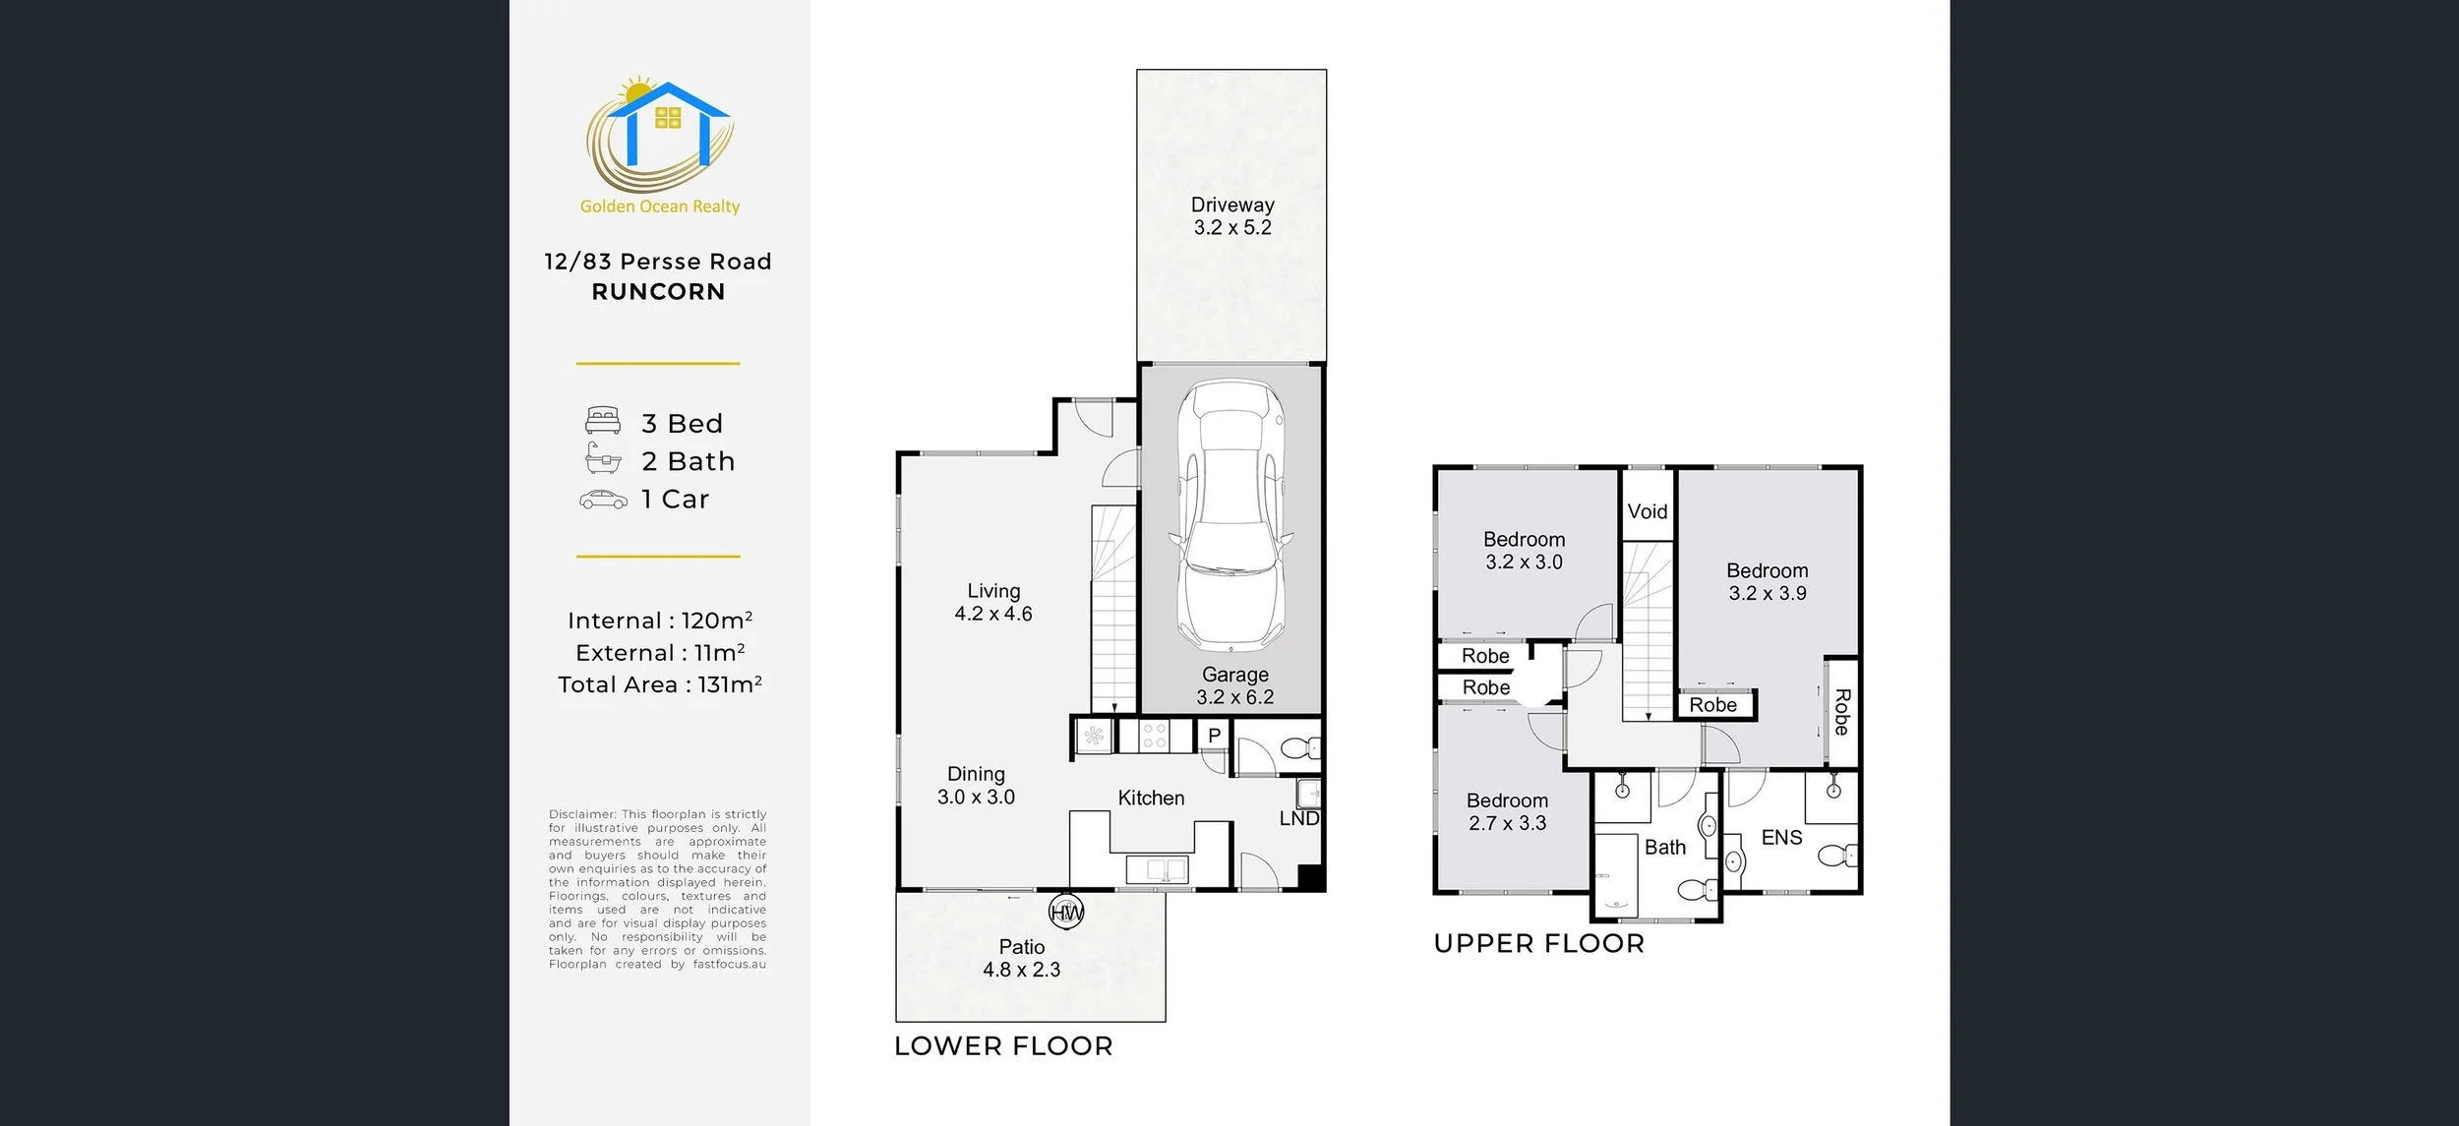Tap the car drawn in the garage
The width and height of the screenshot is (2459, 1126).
pyautogui.click(x=1231, y=516)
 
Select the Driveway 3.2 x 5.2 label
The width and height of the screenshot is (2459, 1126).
pyautogui.click(x=1232, y=216)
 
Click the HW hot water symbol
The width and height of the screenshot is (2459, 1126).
pyautogui.click(x=1067, y=913)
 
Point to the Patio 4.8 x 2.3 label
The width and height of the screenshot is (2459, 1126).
pyautogui.click(x=1022, y=958)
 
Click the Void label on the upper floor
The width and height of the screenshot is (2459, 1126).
pyautogui.click(x=1648, y=511)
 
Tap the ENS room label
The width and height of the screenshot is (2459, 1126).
pyautogui.click(x=1781, y=838)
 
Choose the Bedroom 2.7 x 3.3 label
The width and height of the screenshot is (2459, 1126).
pyautogui.click(x=1507, y=812)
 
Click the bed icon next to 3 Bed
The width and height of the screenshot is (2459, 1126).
pyautogui.click(x=603, y=421)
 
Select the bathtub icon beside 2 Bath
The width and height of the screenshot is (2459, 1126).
pyautogui.click(x=603, y=458)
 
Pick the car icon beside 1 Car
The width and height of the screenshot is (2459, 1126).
pyautogui.click(x=603, y=500)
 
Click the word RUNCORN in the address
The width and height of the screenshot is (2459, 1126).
pyautogui.click(x=658, y=292)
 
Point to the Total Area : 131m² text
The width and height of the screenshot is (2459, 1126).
pyautogui.click(x=660, y=684)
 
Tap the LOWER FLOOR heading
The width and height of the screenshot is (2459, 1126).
pyautogui.click(x=1003, y=1046)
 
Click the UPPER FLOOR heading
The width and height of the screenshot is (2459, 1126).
pyautogui.click(x=1539, y=944)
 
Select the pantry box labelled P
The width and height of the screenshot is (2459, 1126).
pyautogui.click(x=1214, y=736)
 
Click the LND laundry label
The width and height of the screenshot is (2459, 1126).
pyautogui.click(x=1298, y=819)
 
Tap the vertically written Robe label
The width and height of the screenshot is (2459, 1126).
pyautogui.click(x=1842, y=712)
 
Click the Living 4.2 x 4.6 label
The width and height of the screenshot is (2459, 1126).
pyautogui.click(x=993, y=602)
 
